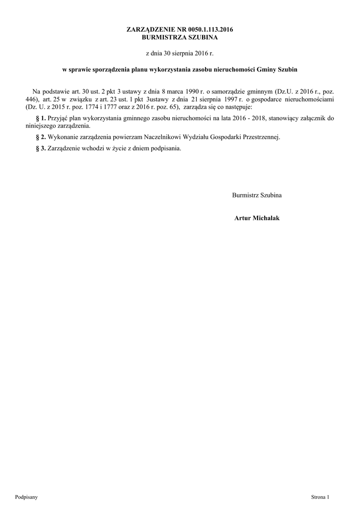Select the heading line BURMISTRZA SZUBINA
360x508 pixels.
180,37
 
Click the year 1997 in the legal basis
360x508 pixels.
228,99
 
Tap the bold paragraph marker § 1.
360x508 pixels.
41,118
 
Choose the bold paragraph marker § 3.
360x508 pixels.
41,148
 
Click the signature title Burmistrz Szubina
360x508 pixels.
257,195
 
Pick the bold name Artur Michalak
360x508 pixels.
257,218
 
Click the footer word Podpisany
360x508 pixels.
26,496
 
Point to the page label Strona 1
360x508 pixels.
320,496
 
